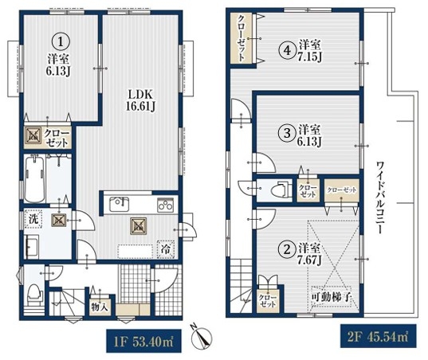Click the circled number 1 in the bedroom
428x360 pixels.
click(x=61, y=41)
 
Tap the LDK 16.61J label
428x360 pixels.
click(x=140, y=100)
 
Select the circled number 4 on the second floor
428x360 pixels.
click(x=287, y=51)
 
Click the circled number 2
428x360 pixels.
click(x=287, y=249)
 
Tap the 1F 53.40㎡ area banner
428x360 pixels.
click(x=143, y=341)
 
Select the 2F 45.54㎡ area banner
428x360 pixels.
click(x=378, y=336)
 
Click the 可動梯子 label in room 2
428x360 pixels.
click(x=331, y=297)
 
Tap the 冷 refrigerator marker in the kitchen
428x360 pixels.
click(x=165, y=249)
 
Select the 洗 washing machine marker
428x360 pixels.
click(x=33, y=218)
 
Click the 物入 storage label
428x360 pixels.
click(x=100, y=307)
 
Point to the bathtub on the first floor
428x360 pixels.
click(x=34, y=179)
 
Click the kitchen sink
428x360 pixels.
click(x=120, y=204)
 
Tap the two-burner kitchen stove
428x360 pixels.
click(x=166, y=205)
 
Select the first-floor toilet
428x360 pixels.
click(x=35, y=295)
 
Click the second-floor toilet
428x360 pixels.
click(x=281, y=189)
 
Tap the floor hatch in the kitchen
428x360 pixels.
click(x=139, y=226)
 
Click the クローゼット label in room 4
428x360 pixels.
click(x=241, y=38)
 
